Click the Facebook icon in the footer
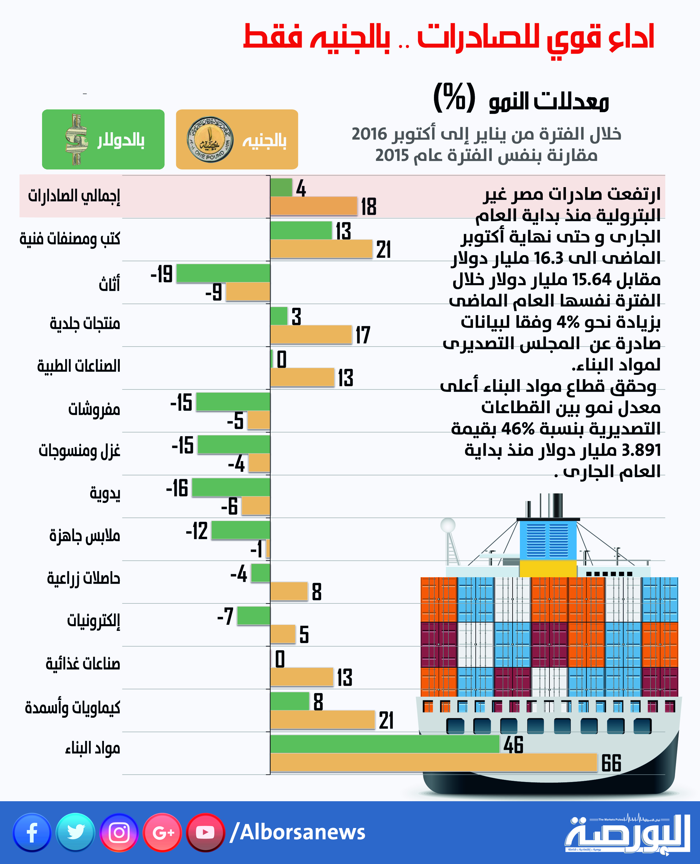pos(32,833)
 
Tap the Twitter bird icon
pos(75,833)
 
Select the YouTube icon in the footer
pos(205,833)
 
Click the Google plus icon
pos(162,833)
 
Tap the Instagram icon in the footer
pos(119,833)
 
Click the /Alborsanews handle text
pos(297,833)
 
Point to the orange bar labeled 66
pos(433,763)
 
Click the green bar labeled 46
pos(385,744)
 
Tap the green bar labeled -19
pos(223,273)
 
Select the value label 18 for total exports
pos(368,207)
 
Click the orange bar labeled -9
pos(247,291)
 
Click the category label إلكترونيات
pos(93,621)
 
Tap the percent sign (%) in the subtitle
pos(454,98)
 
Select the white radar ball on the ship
pos(448,525)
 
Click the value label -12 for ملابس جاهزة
pos(197,531)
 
